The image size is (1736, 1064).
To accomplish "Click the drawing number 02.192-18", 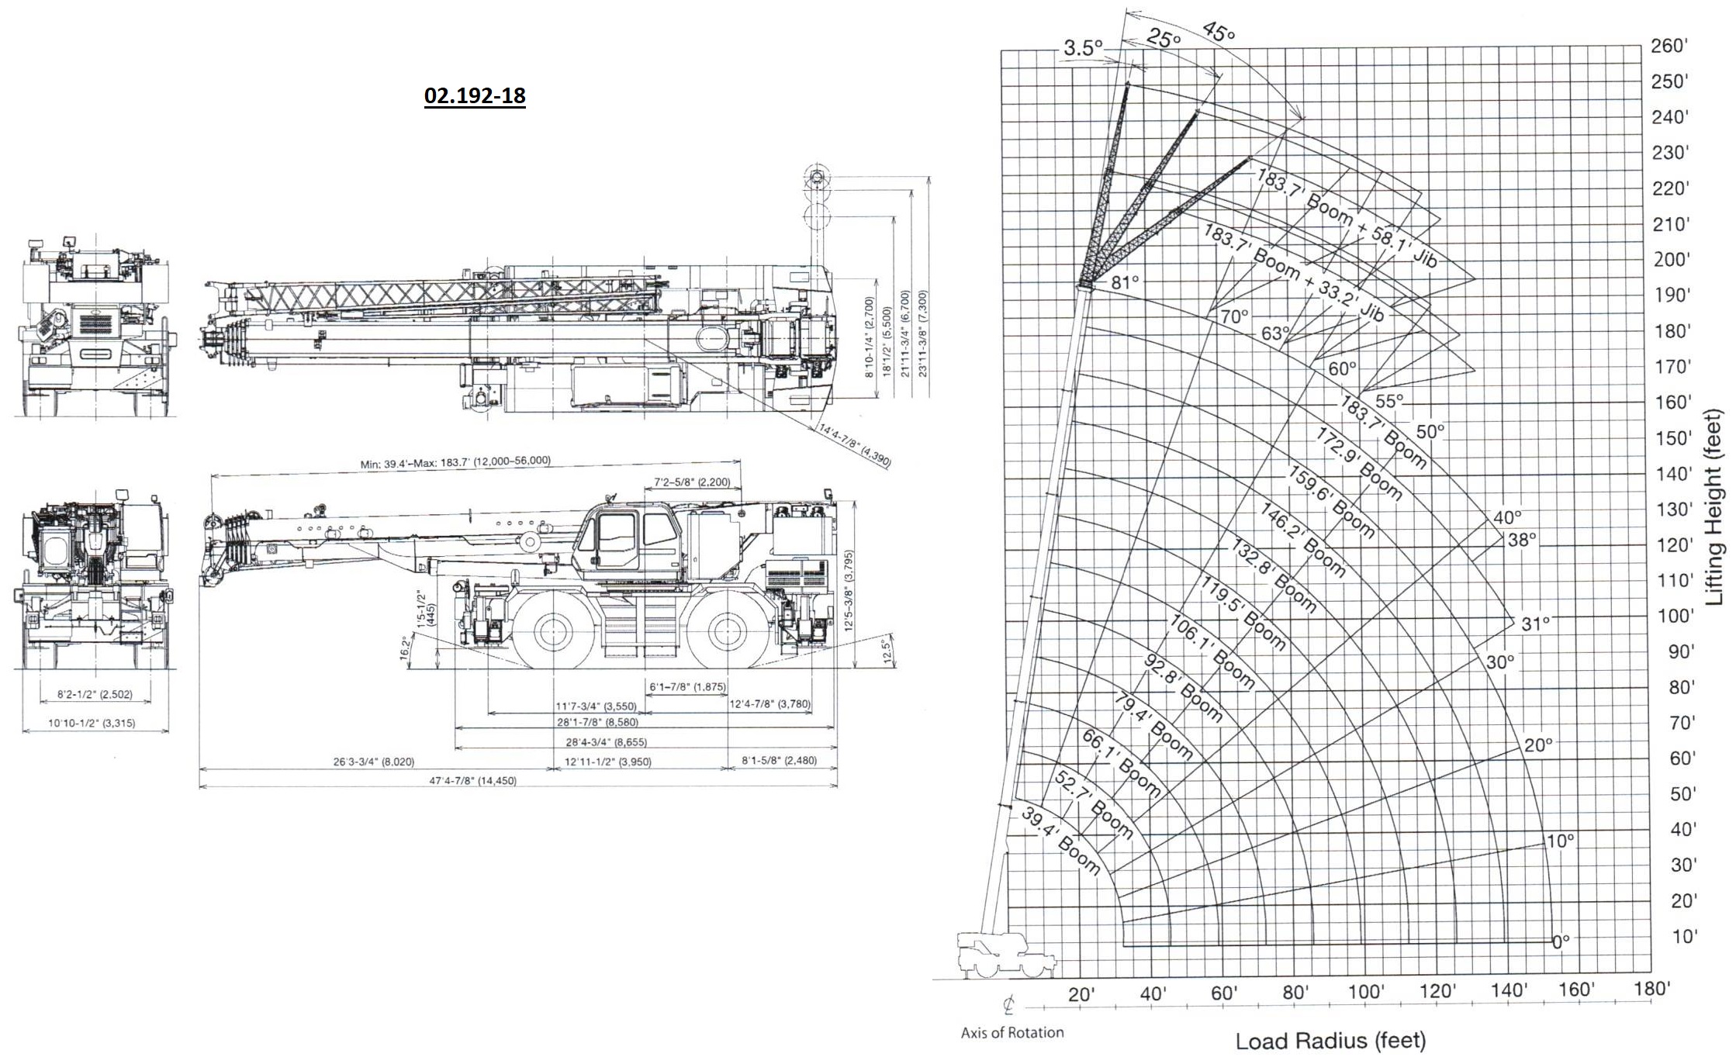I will [475, 95].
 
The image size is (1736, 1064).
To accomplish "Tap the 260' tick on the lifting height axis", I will [1669, 46].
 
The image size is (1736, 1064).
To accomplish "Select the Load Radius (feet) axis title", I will [1330, 1041].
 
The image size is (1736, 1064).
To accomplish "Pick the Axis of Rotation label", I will [1012, 1032].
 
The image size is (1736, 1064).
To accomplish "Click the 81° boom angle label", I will [1125, 282].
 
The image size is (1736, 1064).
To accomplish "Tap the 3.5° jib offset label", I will [1082, 48].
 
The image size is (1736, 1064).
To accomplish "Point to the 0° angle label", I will [1561, 941].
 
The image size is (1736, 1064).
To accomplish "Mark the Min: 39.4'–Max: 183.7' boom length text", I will [455, 463].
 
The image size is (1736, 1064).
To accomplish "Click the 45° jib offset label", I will [1218, 33].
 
